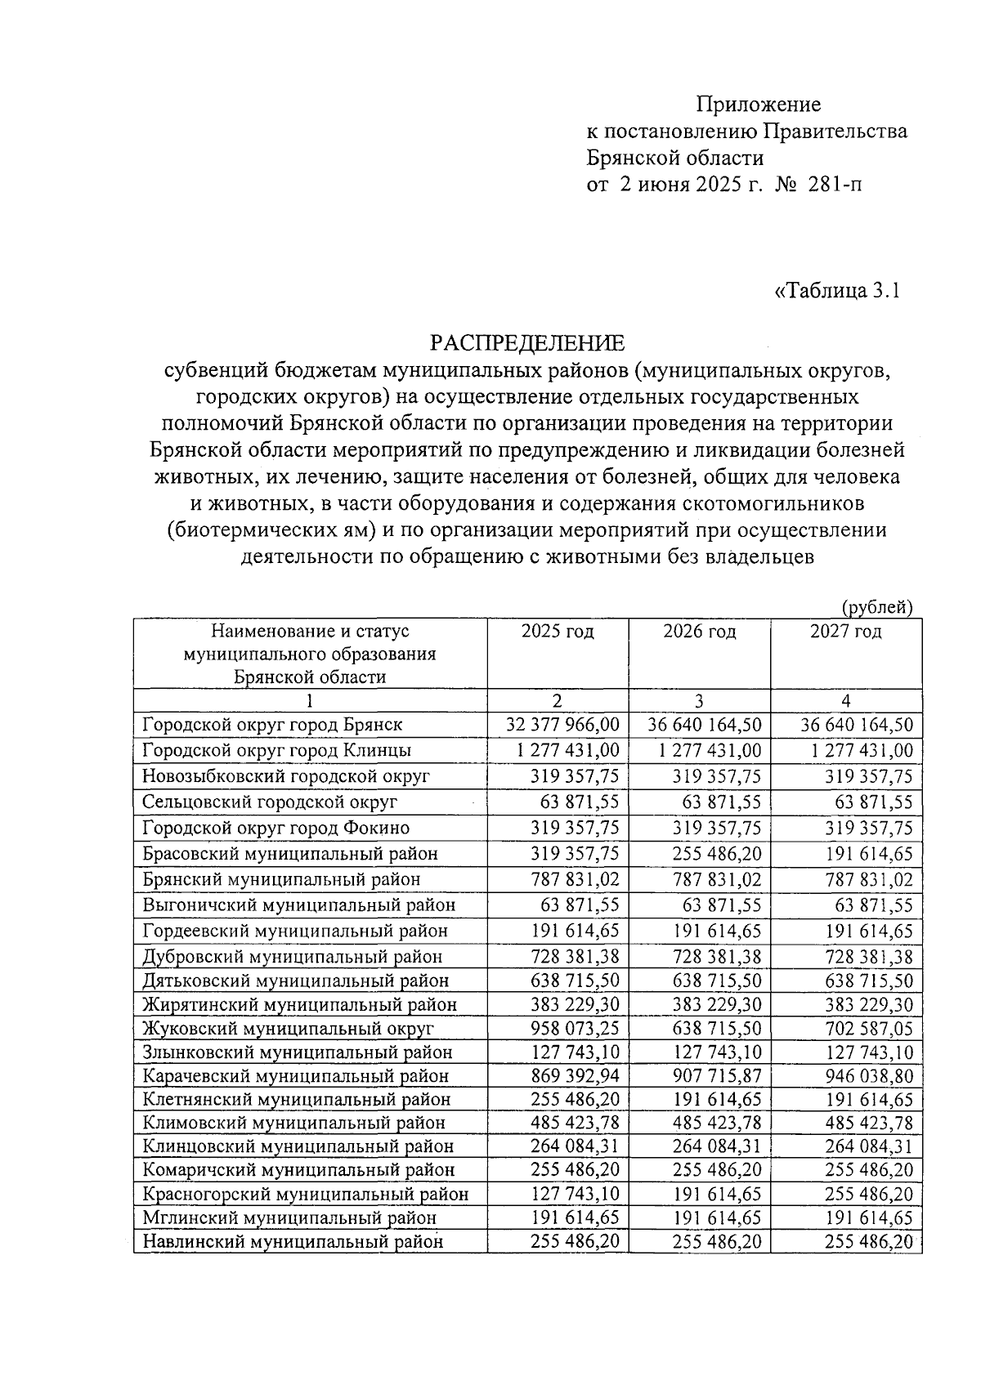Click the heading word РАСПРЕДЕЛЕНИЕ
click(x=527, y=342)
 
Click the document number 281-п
click(x=835, y=185)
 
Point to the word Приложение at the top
click(x=758, y=105)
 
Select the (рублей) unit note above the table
click(x=876, y=606)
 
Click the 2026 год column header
click(x=699, y=632)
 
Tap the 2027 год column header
click(x=845, y=632)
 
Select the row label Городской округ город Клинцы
click(x=276, y=750)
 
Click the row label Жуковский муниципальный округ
click(x=288, y=1029)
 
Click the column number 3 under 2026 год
click(x=699, y=701)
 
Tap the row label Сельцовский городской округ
click(x=270, y=802)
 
